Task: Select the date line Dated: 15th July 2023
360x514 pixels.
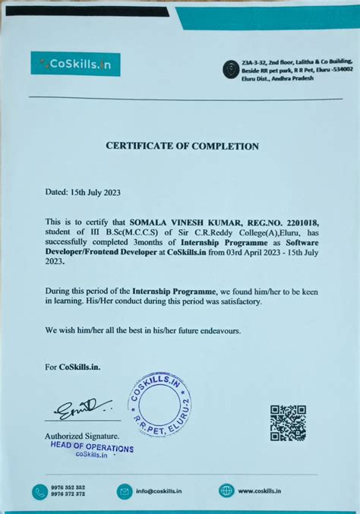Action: click(x=83, y=193)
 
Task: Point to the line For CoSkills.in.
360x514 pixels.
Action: click(x=73, y=367)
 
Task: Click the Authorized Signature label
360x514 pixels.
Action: click(x=81, y=436)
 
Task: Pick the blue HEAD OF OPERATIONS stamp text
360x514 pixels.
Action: click(x=91, y=448)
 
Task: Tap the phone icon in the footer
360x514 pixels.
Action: click(x=39, y=491)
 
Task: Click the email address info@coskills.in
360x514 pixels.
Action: click(x=159, y=491)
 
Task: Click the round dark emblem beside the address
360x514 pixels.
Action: click(x=230, y=71)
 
